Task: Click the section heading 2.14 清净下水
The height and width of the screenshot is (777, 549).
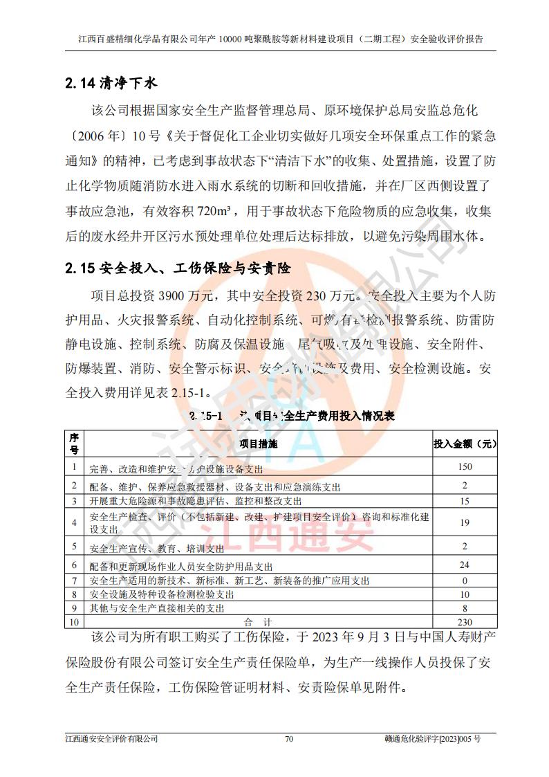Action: [111, 84]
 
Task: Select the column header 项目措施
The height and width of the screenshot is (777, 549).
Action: [258, 444]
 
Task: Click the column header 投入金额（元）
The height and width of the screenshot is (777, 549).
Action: [465, 444]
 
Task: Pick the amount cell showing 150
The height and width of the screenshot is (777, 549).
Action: [465, 467]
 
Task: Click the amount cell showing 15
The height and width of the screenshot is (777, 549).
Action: [465, 501]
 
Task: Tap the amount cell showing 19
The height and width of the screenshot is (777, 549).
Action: [465, 522]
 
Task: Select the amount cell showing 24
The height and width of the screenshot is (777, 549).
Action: [465, 565]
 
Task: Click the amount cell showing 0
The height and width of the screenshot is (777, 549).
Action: [465, 580]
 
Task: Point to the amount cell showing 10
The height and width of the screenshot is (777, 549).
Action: [465, 594]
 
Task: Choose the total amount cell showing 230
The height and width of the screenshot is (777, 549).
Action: [465, 622]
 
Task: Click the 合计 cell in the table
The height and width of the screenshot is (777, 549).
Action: [258, 622]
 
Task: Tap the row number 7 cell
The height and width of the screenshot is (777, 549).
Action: [75, 580]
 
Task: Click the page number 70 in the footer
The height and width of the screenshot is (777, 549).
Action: [289, 739]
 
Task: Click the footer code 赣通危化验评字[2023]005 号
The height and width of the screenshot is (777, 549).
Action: [432, 739]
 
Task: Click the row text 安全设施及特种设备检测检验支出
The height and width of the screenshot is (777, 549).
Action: [162, 594]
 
